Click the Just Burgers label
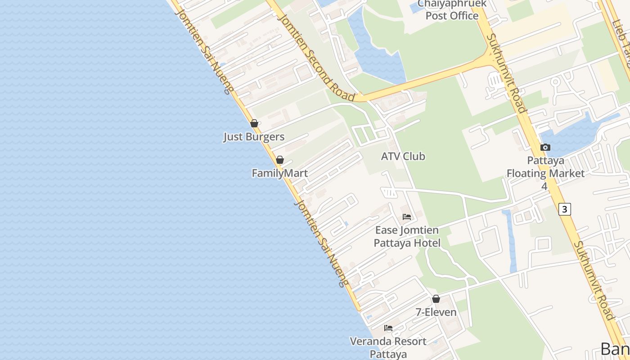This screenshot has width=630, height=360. pos(254,137)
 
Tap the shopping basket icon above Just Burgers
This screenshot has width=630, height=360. pos(254,123)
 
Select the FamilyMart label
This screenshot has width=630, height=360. pos(279,173)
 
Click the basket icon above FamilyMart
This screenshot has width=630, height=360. pos(280,160)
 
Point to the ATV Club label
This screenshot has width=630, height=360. pos(403,157)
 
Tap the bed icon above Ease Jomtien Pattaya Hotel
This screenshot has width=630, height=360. pos(407,217)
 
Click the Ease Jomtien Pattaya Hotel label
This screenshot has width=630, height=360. pos(407,237)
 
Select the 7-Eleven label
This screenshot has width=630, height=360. pos(436,312)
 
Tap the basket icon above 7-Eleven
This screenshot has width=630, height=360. pos(436,299)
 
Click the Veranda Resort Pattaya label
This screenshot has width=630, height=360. pos(388,347)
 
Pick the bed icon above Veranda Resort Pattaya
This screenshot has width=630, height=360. pos(388,328)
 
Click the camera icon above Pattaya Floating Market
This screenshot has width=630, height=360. pos(545,147)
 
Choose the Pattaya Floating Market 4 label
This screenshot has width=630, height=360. pos(545,173)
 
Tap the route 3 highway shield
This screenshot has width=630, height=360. pos(565,209)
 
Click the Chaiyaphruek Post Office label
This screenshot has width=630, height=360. pos(452,10)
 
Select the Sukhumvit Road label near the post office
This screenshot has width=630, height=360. pos(507,73)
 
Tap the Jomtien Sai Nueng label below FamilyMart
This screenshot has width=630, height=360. pos(320,243)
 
